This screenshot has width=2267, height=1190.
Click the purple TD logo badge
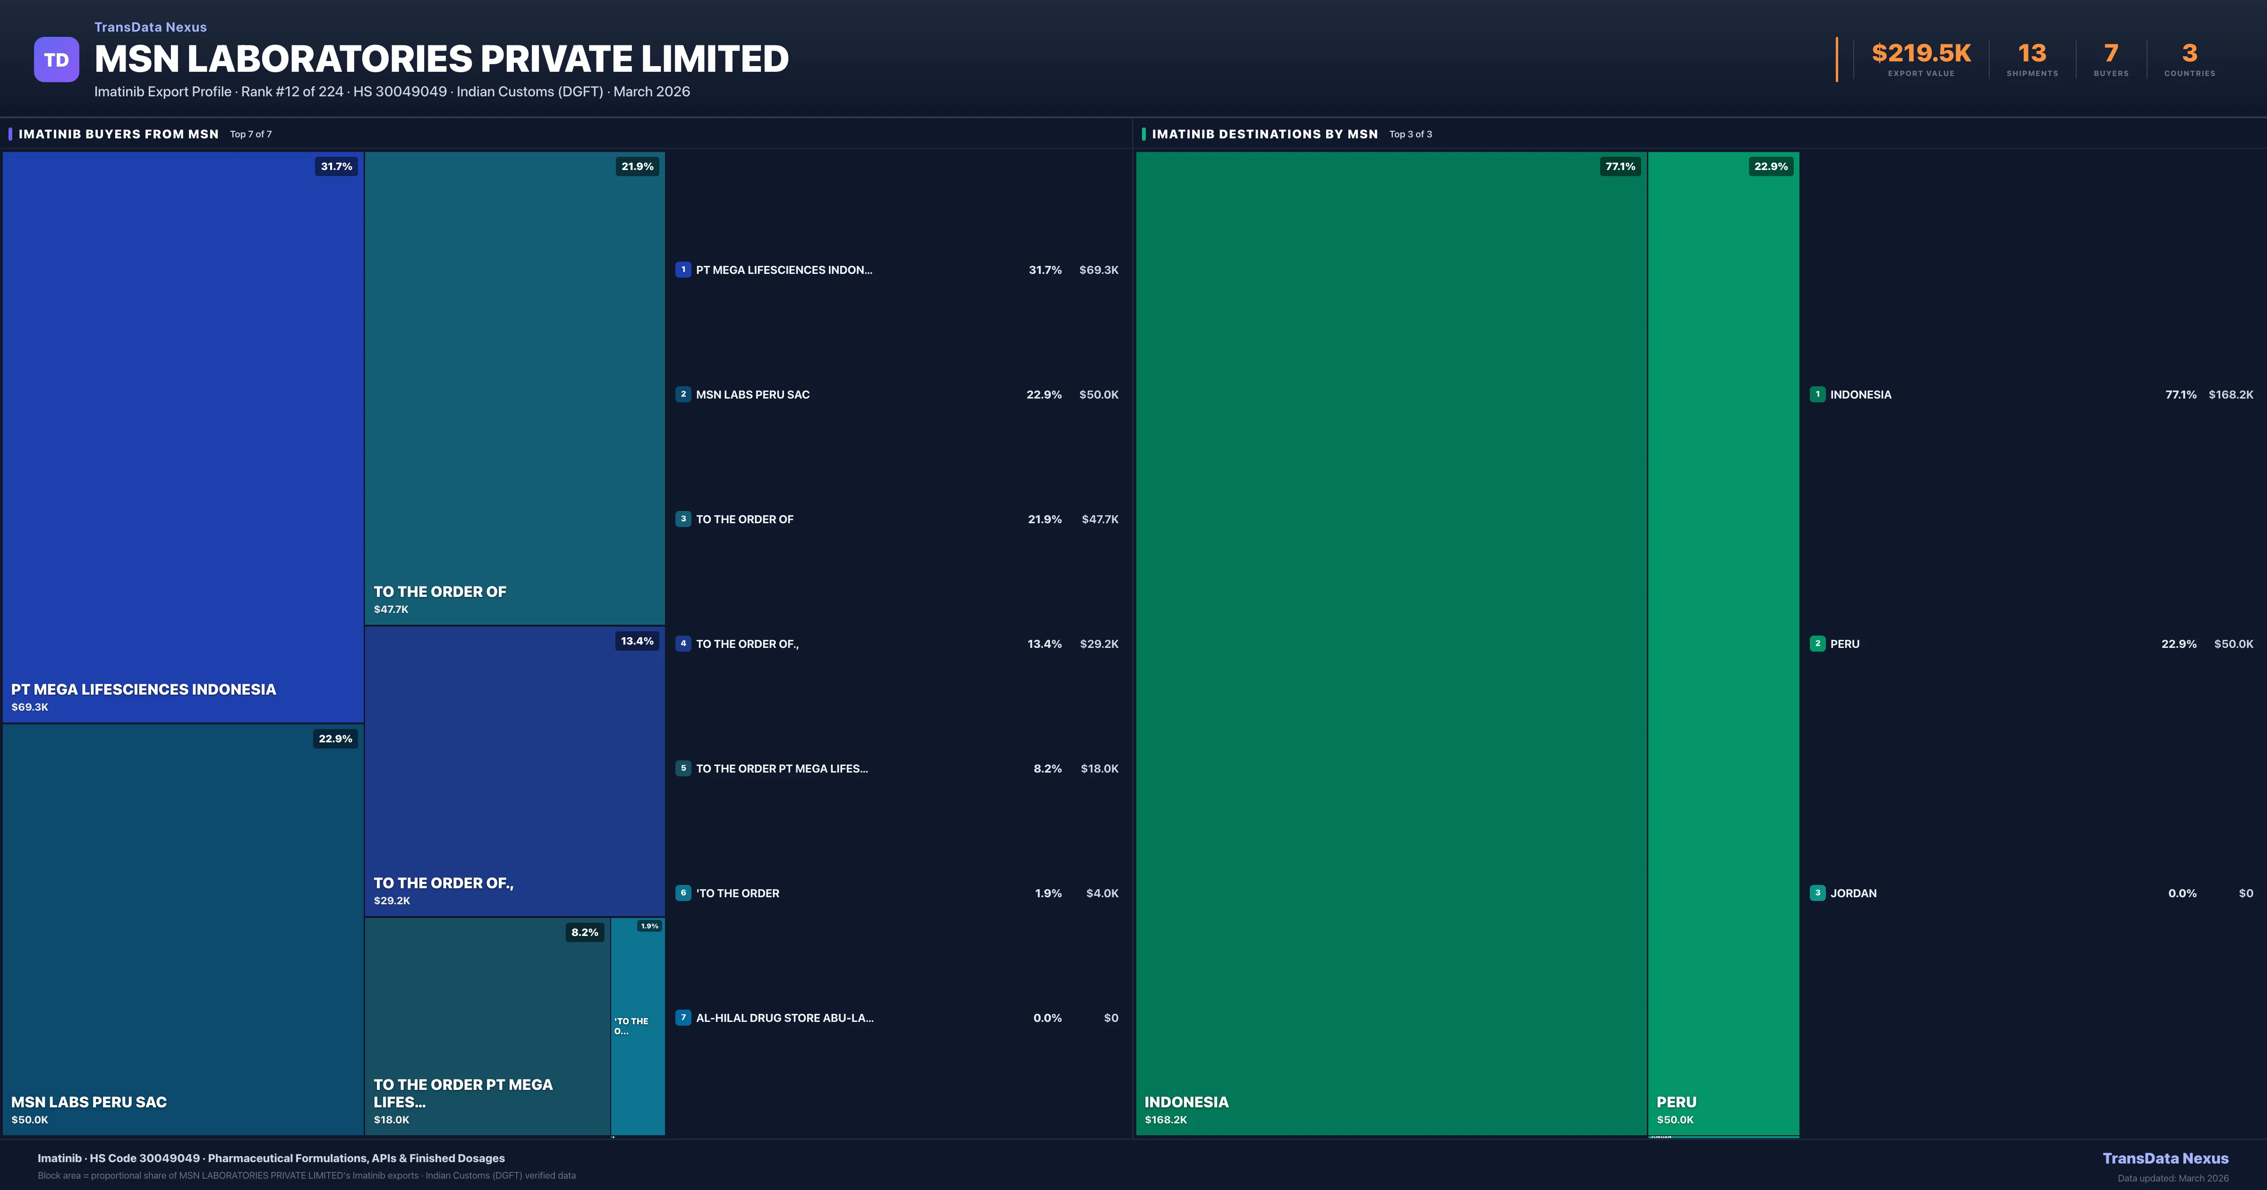(56, 60)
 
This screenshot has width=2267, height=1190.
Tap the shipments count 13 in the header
(2032, 54)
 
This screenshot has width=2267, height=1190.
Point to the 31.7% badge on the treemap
(336, 166)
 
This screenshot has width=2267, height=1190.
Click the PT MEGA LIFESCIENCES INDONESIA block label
(144, 689)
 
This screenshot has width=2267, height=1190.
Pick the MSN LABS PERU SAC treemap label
(89, 1102)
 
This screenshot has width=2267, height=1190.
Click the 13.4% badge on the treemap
(637, 641)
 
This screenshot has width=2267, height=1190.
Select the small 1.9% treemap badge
(649, 926)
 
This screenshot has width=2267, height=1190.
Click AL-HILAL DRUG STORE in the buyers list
(784, 1018)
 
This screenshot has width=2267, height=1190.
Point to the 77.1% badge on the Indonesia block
(1620, 166)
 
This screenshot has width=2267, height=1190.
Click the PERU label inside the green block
(1677, 1102)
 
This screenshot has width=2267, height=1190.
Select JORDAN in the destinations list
(1853, 893)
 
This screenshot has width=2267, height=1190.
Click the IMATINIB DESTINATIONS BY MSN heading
(1265, 134)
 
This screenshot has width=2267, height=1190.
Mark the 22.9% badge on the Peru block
(1771, 166)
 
